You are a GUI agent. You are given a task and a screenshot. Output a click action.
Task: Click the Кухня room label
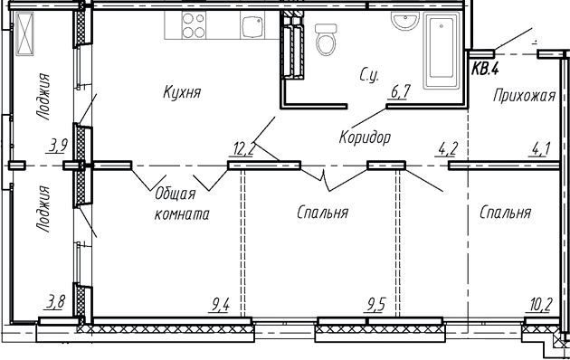tap(182, 92)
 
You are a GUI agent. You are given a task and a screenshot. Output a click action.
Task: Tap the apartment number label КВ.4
tap(486, 67)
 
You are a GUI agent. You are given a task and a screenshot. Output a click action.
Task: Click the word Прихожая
tap(523, 96)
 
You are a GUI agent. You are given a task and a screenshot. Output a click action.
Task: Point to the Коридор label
tap(365, 137)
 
